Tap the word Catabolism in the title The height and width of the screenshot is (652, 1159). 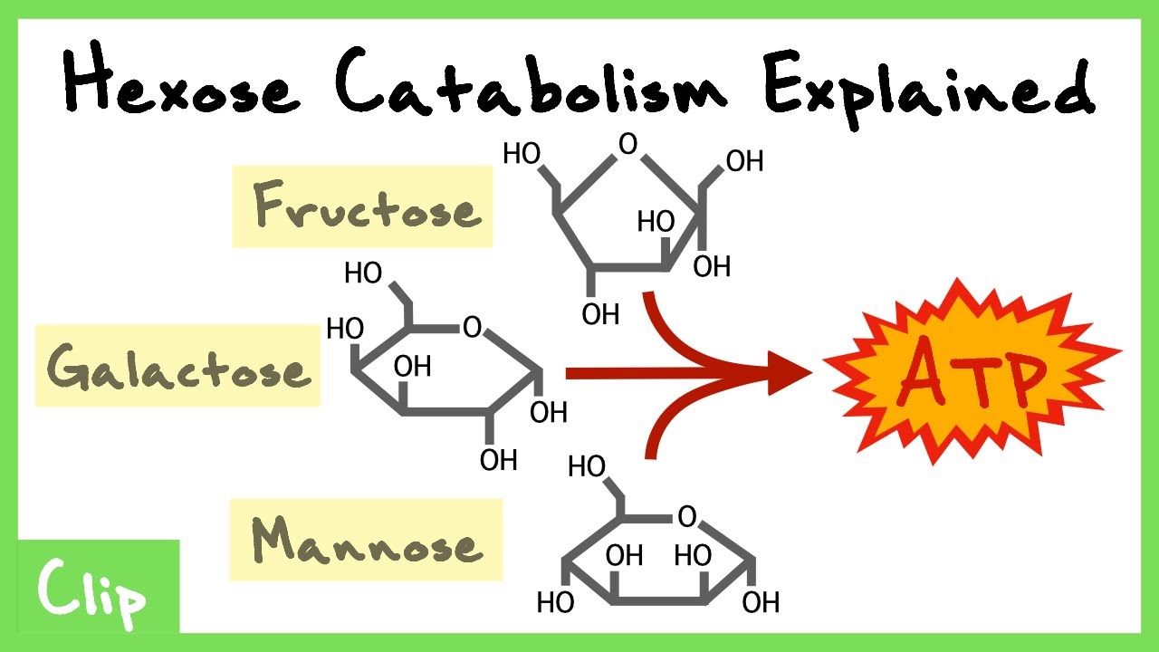[x=531, y=81]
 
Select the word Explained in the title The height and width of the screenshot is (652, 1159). [x=930, y=89]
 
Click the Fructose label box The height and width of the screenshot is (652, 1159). [x=362, y=206]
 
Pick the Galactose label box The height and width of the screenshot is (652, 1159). [x=177, y=365]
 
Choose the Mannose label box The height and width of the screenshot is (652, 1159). [x=367, y=540]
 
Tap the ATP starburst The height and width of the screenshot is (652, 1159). [x=972, y=371]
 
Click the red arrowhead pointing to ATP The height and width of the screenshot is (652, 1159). [x=790, y=373]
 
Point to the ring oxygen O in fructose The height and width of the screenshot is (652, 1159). [x=628, y=144]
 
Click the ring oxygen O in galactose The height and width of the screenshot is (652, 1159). [x=473, y=327]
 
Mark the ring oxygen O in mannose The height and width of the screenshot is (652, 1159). [x=687, y=516]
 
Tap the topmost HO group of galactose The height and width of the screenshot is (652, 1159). [x=363, y=273]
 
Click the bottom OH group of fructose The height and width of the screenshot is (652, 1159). [x=600, y=314]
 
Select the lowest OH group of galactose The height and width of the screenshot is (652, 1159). [x=499, y=460]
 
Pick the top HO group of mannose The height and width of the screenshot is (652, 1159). [x=587, y=466]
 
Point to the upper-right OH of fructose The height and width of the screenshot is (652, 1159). [x=744, y=161]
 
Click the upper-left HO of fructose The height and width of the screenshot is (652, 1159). [x=522, y=154]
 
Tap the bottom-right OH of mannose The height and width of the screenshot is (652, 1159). [x=761, y=603]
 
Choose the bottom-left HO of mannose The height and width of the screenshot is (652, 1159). [x=556, y=603]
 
